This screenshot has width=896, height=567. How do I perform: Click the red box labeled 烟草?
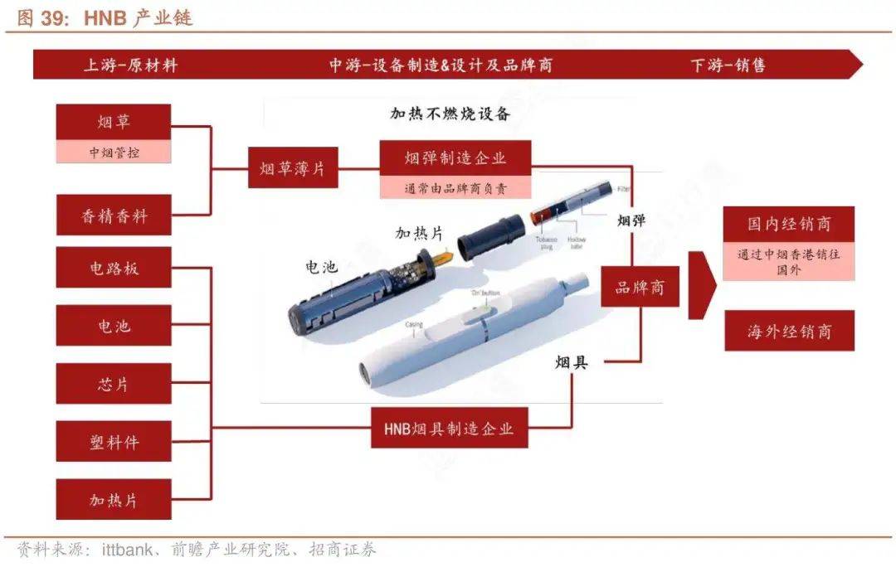[x=114, y=122]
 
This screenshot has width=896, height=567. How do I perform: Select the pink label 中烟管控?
[x=114, y=152]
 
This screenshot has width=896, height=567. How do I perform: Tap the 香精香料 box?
[x=114, y=216]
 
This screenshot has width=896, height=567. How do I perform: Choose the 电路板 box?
[x=114, y=268]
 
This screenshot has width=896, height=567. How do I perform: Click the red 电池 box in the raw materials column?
[x=114, y=327]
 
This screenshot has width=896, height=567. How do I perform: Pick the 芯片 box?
[x=114, y=385]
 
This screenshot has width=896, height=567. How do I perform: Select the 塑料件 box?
[x=114, y=443]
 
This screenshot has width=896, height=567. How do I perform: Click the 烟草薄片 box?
[x=292, y=169]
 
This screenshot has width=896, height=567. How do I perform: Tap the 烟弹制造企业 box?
[x=455, y=157]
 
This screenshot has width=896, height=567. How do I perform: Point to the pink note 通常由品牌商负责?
[x=455, y=188]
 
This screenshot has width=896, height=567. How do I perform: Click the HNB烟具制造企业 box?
[x=449, y=429]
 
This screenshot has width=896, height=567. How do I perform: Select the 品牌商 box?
[x=640, y=287]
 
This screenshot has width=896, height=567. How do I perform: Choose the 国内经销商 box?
[x=788, y=224]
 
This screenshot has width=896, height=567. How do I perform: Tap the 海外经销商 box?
[x=788, y=332]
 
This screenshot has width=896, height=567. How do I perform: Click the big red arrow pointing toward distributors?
[x=702, y=286]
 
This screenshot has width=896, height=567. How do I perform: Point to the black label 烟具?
[x=572, y=362]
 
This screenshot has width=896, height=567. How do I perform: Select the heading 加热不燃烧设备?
[x=450, y=114]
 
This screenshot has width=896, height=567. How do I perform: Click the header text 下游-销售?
[x=728, y=65]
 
